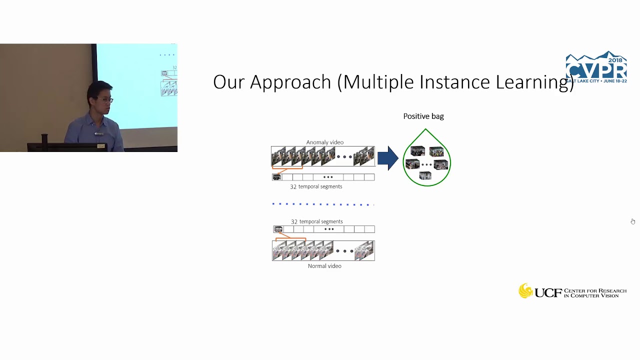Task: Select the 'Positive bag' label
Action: [x=423, y=116]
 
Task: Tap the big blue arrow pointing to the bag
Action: [x=387, y=158]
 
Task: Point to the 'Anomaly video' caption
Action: [x=324, y=142]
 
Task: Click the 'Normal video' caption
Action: [x=324, y=266]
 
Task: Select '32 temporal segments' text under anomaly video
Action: [x=316, y=186]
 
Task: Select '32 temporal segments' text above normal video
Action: [x=316, y=221]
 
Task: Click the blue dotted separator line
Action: [x=322, y=204]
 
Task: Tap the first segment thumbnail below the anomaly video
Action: [x=277, y=177]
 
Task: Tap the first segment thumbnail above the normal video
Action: [x=278, y=229]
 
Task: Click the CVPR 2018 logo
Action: [x=596, y=67]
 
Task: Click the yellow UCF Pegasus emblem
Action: [x=525, y=291]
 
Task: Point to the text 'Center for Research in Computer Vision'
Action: [x=595, y=293]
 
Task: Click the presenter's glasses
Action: [x=108, y=100]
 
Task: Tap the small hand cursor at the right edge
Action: [x=632, y=221]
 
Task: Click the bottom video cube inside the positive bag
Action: [x=425, y=176]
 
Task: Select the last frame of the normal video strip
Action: [x=365, y=250]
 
